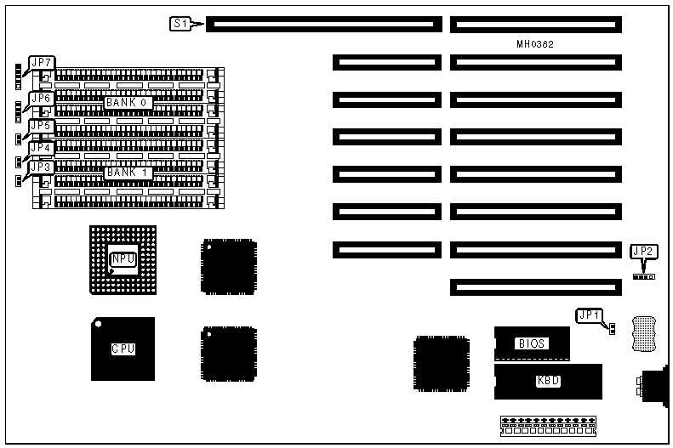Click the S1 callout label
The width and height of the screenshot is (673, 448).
coord(180,24)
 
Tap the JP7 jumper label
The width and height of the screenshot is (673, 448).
coord(42,63)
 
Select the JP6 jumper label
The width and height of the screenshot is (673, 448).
coord(42,98)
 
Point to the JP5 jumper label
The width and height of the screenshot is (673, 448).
coord(42,126)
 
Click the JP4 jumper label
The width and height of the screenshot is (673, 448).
coord(42,147)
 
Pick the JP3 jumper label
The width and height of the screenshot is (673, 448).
coord(42,167)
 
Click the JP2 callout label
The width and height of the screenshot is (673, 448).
coord(643,251)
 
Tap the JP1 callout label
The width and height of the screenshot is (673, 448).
coord(590,315)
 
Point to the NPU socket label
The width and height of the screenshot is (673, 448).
coord(123,258)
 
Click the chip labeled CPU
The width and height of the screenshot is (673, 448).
coord(123,349)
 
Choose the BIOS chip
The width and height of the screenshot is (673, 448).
coord(532,343)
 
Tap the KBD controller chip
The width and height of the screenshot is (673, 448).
coord(548,380)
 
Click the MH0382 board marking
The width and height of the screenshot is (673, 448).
coord(535,44)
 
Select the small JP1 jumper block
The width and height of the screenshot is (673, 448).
coord(611,328)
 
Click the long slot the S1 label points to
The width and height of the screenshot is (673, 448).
coord(323,25)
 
